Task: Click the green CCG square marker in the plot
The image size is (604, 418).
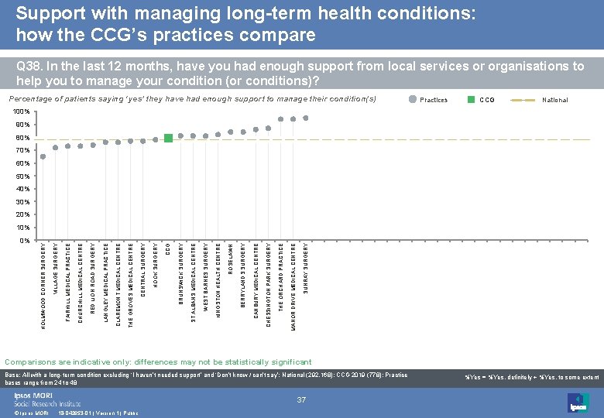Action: click(168, 139)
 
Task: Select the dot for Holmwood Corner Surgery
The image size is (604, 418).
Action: click(43, 156)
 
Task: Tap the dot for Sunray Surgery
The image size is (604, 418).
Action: click(306, 118)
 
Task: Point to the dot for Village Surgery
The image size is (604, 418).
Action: click(56, 148)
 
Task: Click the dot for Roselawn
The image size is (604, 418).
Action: click(231, 132)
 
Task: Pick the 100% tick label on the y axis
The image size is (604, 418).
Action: click(21, 112)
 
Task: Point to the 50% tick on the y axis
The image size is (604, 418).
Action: click(22, 176)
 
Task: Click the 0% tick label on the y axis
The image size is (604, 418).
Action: click(24, 241)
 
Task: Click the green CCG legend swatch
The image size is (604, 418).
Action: click(470, 100)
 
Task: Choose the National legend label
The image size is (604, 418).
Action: click(554, 100)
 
